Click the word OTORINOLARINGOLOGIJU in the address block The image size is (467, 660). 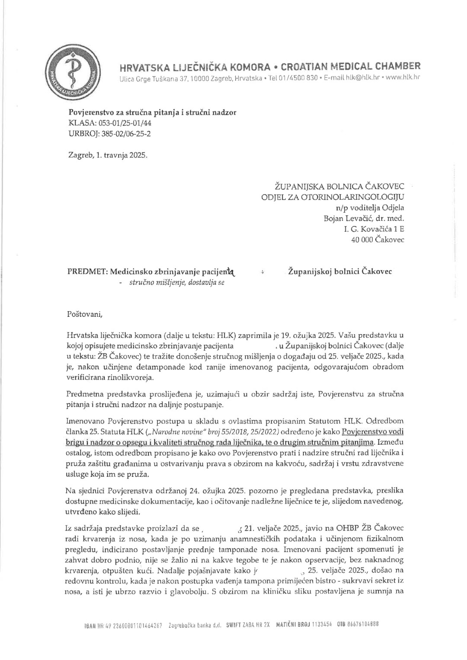(362, 198)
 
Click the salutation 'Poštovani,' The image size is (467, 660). (85, 314)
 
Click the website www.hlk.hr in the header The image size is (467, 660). (403, 78)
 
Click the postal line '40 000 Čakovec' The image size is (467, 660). (377, 239)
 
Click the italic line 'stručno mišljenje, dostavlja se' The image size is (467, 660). (177, 283)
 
